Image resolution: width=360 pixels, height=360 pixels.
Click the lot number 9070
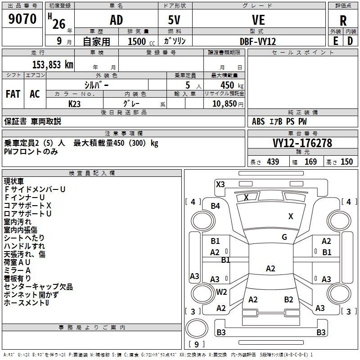coord(22,19)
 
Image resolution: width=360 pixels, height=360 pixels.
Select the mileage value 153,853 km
coord(53,65)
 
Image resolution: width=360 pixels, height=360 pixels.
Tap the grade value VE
coord(258,20)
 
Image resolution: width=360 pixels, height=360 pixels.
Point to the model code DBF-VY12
coord(258,41)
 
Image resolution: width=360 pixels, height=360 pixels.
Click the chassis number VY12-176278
coord(302,143)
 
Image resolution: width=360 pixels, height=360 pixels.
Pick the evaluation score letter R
coord(343,21)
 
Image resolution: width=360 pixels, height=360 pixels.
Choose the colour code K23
coord(74,104)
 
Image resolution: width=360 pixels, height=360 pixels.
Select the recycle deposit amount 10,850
coord(225,104)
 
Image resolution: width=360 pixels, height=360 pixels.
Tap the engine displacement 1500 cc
coord(141,41)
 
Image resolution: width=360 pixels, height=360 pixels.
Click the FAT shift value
coord(13,94)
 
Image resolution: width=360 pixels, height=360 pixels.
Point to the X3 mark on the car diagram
coord(220,184)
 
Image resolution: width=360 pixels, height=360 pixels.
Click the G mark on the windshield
coord(284,237)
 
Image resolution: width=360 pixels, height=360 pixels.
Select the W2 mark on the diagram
coord(221,292)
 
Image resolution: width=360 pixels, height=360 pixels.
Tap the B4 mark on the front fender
coord(216,206)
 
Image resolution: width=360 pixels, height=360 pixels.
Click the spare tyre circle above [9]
coord(197,328)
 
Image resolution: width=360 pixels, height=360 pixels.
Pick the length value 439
coord(273,162)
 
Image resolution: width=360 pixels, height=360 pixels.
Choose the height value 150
coord(346,162)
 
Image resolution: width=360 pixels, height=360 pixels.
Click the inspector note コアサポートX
coord(27,206)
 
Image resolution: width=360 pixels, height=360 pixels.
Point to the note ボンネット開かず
coord(31,295)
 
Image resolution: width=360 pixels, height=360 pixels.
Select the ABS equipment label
coord(258,121)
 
